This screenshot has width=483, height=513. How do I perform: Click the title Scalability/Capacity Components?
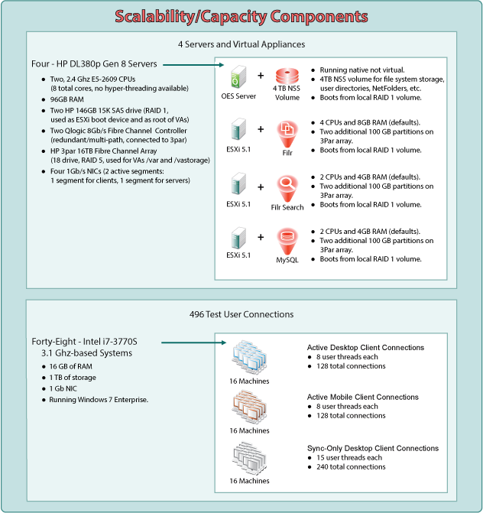click(x=241, y=15)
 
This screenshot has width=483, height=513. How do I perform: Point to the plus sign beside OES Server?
click(x=261, y=76)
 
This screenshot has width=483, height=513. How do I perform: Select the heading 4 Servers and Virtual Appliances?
click(x=241, y=44)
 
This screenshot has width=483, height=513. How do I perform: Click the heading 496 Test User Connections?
click(x=241, y=313)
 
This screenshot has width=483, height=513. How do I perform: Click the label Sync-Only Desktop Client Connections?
click(x=372, y=447)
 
